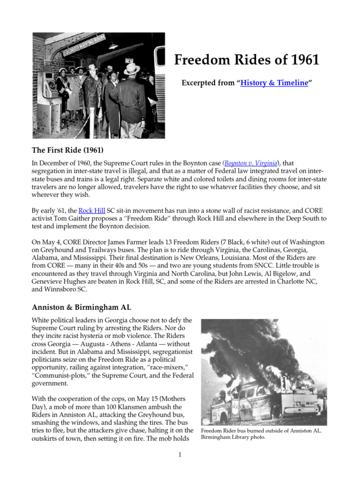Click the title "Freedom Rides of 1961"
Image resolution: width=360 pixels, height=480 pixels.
point(247,60)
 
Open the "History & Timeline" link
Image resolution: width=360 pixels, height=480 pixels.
point(274,83)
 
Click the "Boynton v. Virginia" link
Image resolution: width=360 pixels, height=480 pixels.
point(251,163)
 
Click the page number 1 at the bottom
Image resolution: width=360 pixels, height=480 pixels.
point(180,455)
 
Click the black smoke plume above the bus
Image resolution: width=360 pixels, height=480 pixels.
point(262,347)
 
